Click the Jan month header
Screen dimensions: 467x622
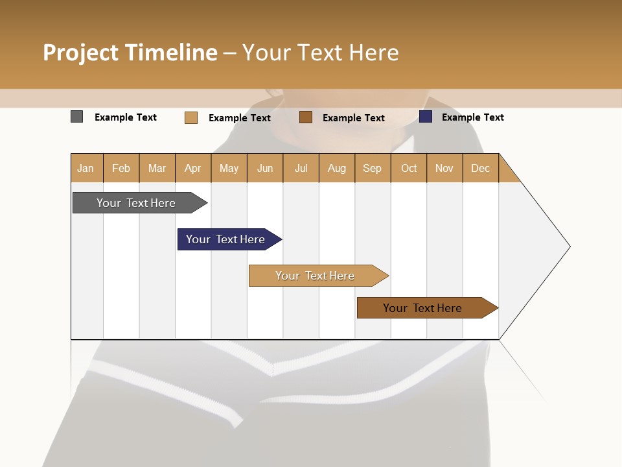86,168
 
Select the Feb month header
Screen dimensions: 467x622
121,168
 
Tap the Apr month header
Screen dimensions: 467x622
193,168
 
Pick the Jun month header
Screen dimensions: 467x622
265,168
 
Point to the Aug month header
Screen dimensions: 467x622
337,168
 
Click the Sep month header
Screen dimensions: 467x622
373,168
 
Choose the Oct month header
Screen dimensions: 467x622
409,168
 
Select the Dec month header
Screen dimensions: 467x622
481,168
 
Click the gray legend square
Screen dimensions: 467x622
76,117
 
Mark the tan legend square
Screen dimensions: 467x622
190,117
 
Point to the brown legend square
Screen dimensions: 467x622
306,117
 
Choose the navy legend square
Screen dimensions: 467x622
426,117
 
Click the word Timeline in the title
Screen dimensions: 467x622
170,53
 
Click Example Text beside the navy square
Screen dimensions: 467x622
472,117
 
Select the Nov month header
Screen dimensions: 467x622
444,168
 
